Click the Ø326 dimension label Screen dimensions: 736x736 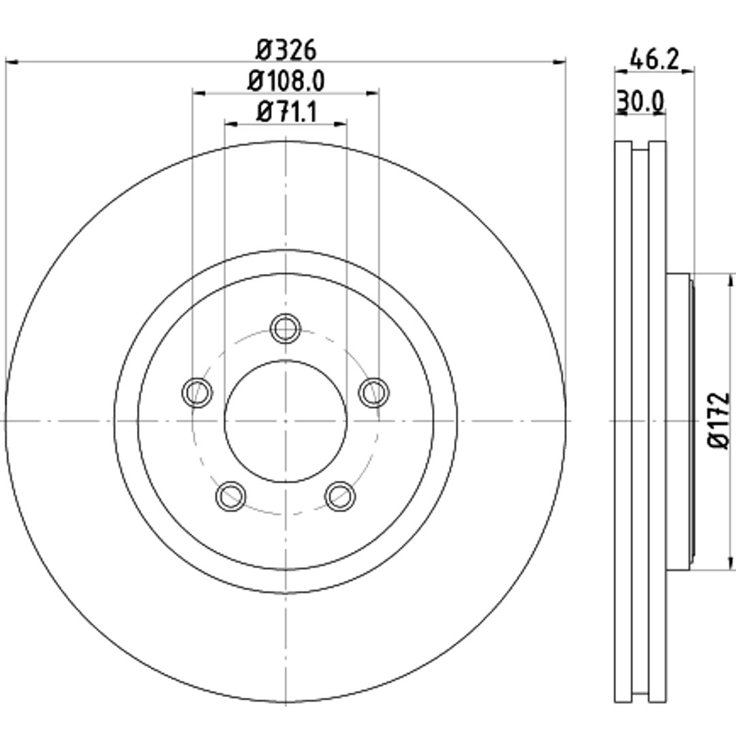pos(286,50)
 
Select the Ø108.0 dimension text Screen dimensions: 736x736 pos(286,81)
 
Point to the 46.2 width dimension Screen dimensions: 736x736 pos(654,59)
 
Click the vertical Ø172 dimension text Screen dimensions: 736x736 pos(719,420)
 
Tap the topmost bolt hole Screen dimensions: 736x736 pos(286,328)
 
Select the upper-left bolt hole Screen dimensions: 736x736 pos(197,392)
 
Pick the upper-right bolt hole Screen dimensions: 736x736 pos(374,392)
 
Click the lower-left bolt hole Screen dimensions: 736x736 pos(230,496)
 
